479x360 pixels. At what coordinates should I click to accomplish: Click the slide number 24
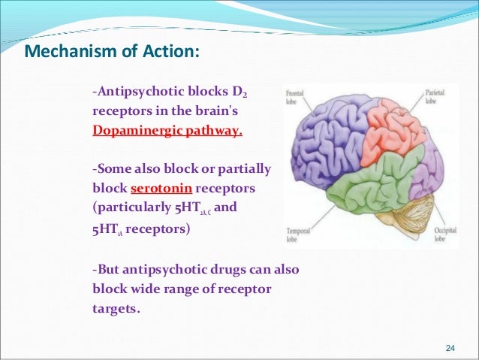450,347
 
